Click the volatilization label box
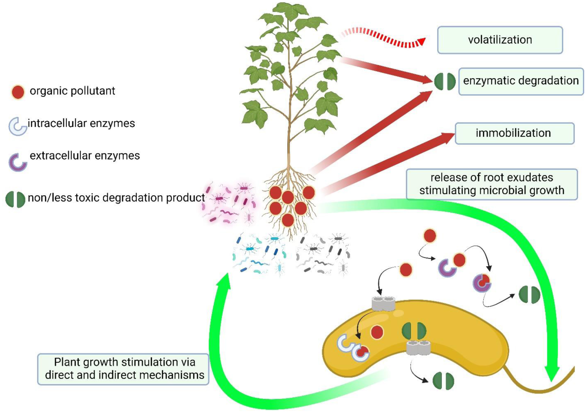(500, 40)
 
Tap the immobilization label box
(514, 133)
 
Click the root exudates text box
(492, 184)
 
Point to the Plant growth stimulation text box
(123, 369)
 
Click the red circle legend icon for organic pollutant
(18, 92)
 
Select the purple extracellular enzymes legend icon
(18, 162)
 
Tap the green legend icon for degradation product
(15, 199)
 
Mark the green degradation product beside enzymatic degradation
(445, 81)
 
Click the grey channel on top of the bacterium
(383, 303)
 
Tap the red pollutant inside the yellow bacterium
(377, 332)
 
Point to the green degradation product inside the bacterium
(414, 330)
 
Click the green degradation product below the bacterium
(443, 381)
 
